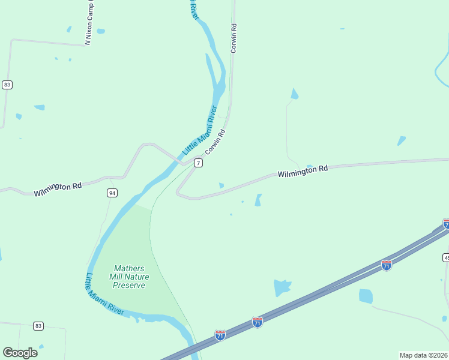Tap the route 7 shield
coord(198,163)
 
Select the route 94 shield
coord(112,193)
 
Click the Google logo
coord(20,353)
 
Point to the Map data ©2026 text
coord(423,355)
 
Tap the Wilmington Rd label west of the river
coord(58,189)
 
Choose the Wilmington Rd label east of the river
coord(303,172)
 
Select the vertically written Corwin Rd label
coord(234,38)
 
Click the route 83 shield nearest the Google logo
coord(38,326)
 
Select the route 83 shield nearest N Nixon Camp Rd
coord(7,85)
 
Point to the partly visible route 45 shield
coord(446,257)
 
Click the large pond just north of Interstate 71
coord(282,287)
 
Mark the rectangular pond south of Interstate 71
coord(366,296)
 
